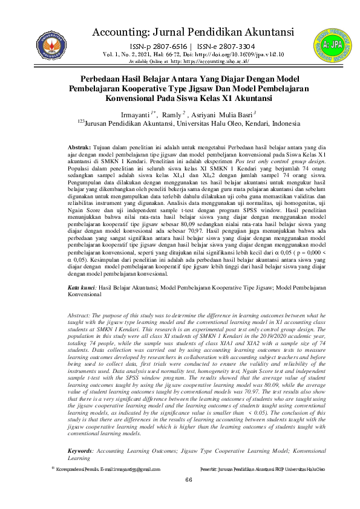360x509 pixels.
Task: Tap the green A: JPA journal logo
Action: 330,43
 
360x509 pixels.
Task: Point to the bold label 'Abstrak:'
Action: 79,147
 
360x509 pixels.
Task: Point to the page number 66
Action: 189,496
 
